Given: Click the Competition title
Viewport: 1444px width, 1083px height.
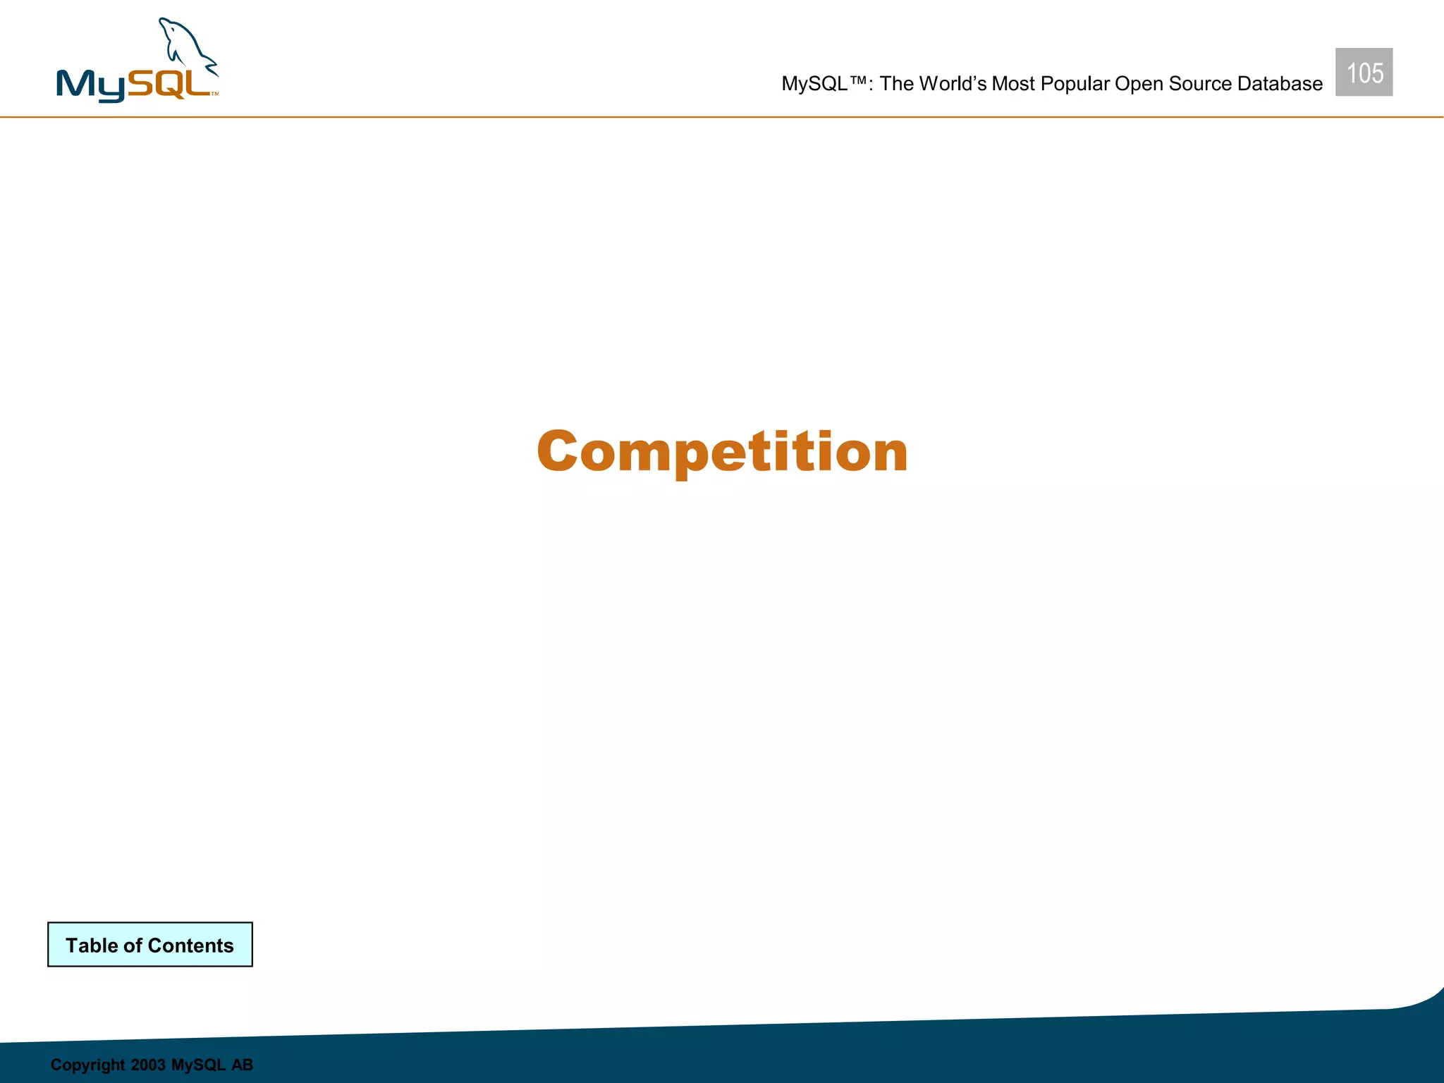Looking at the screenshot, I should pyautogui.click(x=722, y=451).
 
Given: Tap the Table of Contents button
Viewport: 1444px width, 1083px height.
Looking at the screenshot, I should pyautogui.click(x=149, y=945).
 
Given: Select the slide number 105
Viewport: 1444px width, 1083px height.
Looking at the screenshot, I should pyautogui.click(x=1364, y=73).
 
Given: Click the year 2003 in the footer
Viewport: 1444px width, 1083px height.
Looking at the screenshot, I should pyautogui.click(x=148, y=1065).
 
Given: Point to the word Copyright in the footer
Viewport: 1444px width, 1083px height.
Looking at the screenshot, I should pyautogui.click(x=87, y=1065).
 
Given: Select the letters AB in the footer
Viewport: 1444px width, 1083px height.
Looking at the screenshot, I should pyautogui.click(x=242, y=1065).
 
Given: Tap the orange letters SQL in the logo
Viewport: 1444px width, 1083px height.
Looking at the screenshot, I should pyautogui.click(x=169, y=85).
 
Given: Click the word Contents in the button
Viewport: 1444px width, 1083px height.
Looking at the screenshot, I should pyautogui.click(x=190, y=946).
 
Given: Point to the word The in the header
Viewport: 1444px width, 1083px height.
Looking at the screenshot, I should pyautogui.click(x=896, y=84).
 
